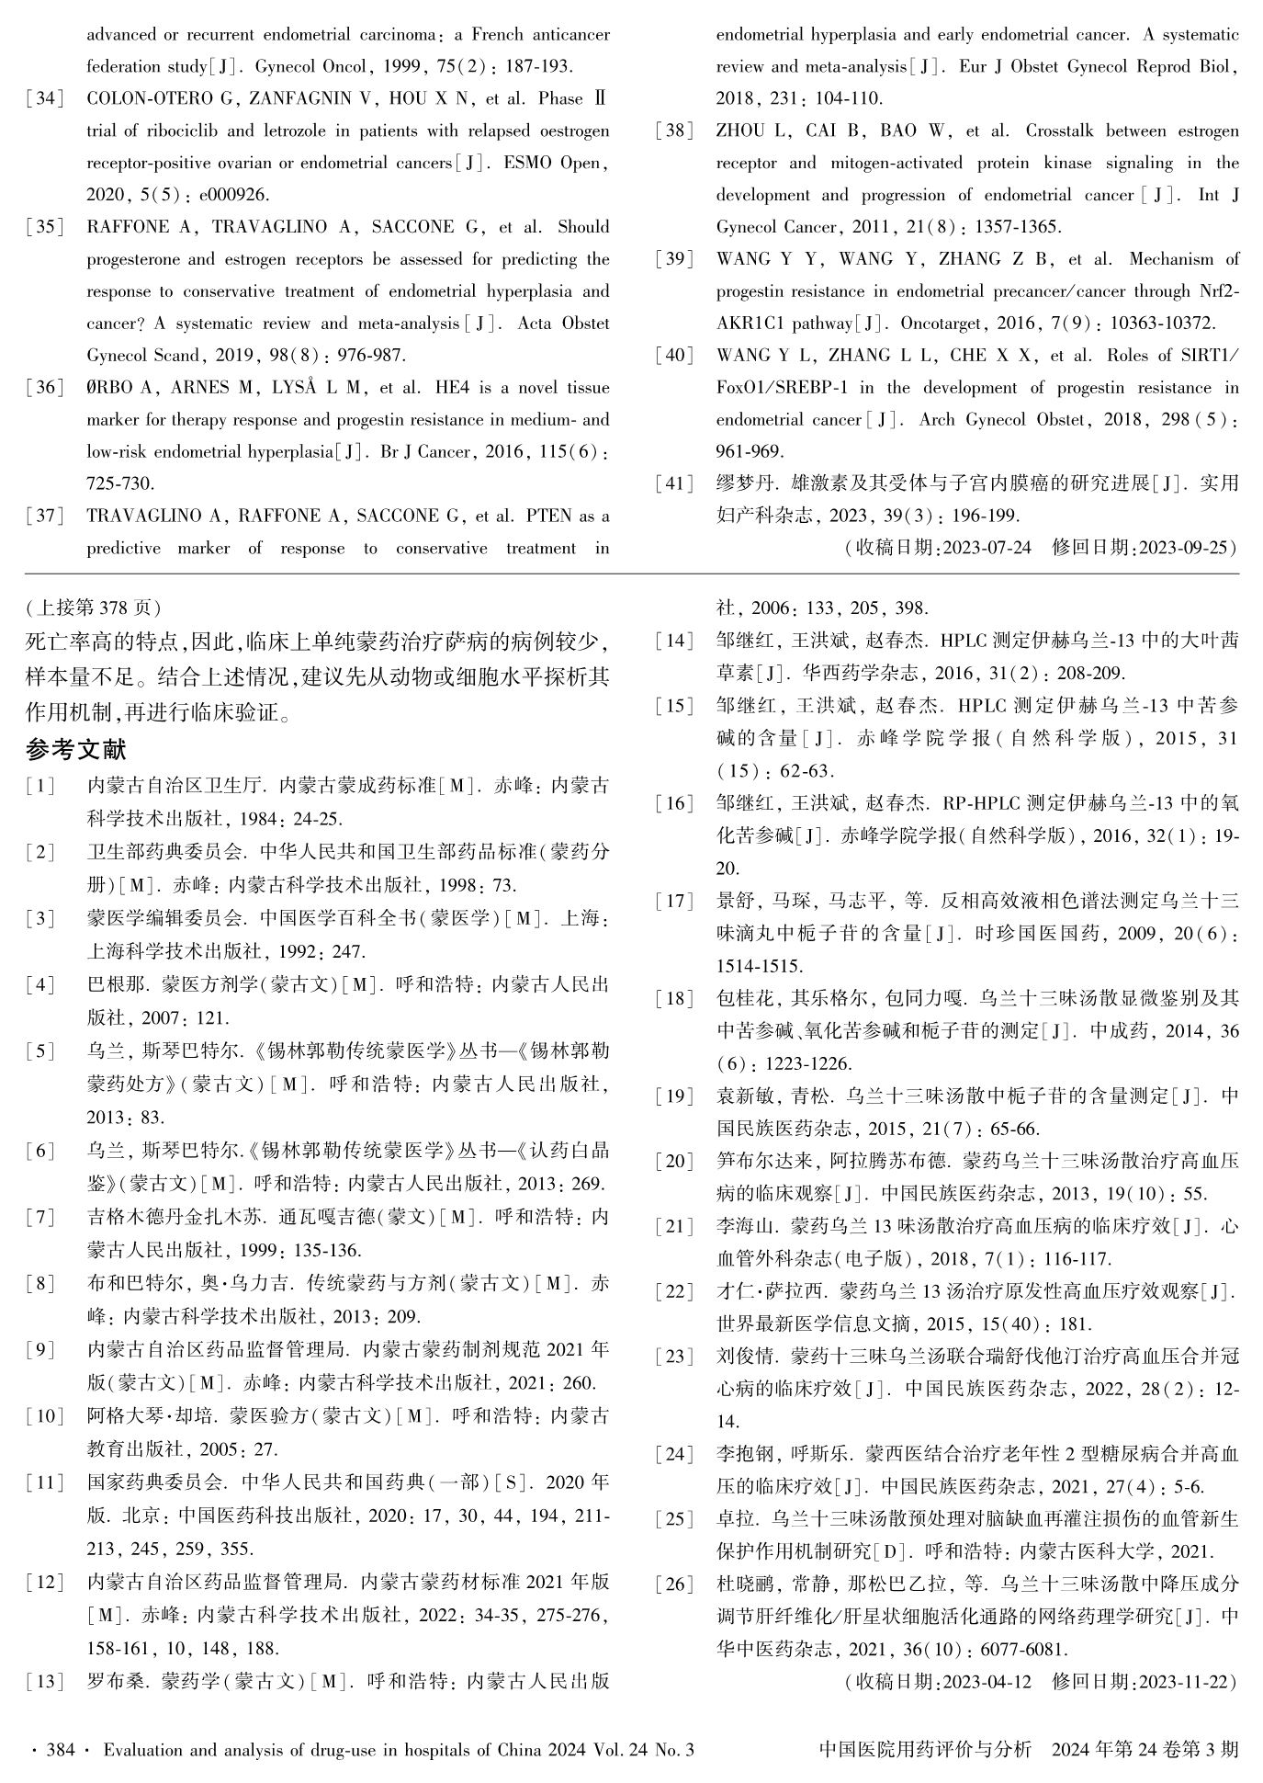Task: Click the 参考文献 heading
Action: pyautogui.click(x=76, y=750)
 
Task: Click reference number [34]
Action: pyautogui.click(x=45, y=99)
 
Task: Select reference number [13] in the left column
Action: pyautogui.click(x=45, y=1682)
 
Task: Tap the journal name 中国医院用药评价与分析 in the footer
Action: pyautogui.click(x=925, y=1750)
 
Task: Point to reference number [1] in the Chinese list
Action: pyautogui.click(x=40, y=787)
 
